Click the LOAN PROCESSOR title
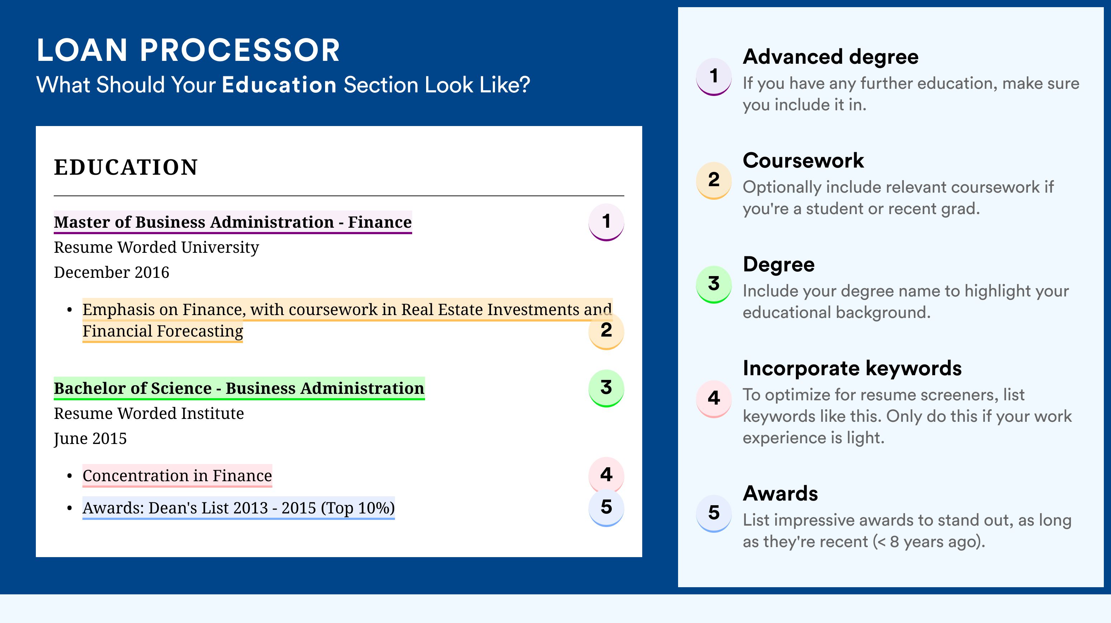coord(189,50)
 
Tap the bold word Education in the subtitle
coord(279,84)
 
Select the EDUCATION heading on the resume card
coord(126,167)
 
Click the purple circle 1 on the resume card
coord(606,222)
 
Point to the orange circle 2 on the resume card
coord(606,331)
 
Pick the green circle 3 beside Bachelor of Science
coord(606,388)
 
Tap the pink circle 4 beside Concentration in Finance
coord(606,475)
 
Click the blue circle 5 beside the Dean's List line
coord(606,508)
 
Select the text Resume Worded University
coord(157,248)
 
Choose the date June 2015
coord(90,439)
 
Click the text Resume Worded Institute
coord(149,414)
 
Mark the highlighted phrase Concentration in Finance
coord(177,475)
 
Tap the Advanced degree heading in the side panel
coord(831,57)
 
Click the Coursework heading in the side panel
coord(803,161)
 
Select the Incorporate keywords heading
coord(852,368)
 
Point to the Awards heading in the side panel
coord(780,493)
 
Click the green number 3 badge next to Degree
coord(714,284)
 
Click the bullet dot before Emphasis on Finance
coord(70,310)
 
